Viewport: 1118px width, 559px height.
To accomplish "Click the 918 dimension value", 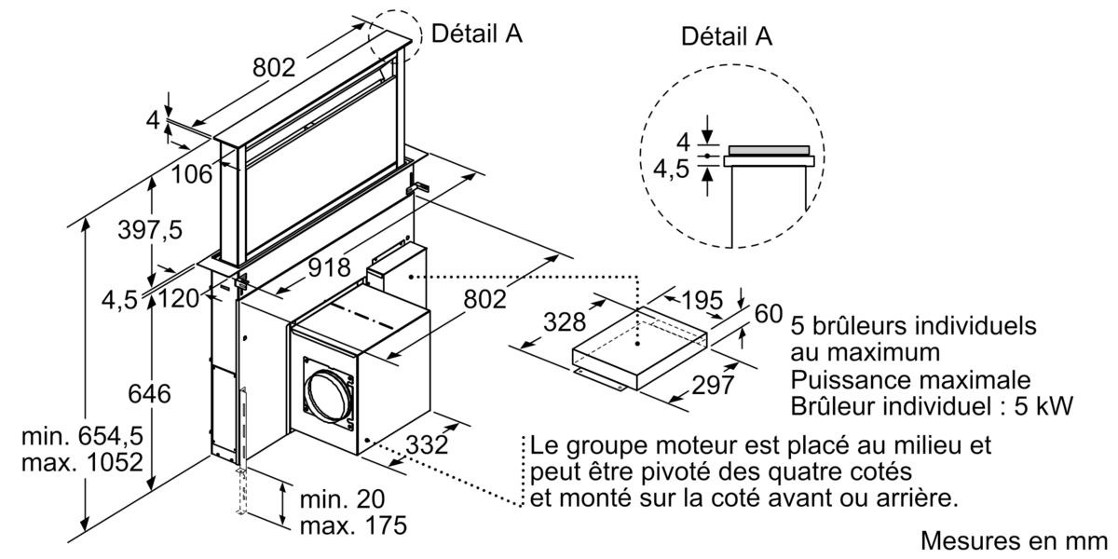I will (x=330, y=267).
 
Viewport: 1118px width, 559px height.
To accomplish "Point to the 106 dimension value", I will (x=191, y=172).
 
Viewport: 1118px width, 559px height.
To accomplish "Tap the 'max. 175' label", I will (x=353, y=525).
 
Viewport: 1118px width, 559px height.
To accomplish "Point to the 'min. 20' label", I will (x=340, y=498).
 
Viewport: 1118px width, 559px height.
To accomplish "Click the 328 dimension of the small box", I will (x=565, y=323).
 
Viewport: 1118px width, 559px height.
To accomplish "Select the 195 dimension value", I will (x=701, y=301).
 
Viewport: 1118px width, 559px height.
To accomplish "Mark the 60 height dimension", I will (x=768, y=314).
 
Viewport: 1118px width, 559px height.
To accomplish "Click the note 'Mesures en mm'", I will (x=1016, y=541).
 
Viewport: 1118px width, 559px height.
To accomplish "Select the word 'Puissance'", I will (x=843, y=380).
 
